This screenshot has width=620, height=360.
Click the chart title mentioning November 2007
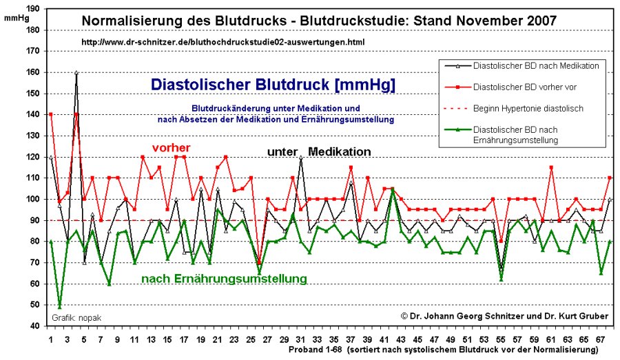pos(319,20)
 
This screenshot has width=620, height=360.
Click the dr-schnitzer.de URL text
pos(223,42)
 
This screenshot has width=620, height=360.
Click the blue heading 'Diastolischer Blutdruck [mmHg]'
pos(272,85)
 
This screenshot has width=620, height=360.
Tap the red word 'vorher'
pos(171,148)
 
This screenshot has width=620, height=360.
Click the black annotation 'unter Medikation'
pos(320,151)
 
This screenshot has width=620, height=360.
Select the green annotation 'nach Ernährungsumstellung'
pos(224,279)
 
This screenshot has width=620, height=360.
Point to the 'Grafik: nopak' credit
pos(74,318)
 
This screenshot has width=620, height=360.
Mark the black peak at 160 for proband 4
pos(76,72)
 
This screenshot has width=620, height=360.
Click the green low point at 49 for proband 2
pos(59,306)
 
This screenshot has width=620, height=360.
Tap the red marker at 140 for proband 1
pos(51,114)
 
